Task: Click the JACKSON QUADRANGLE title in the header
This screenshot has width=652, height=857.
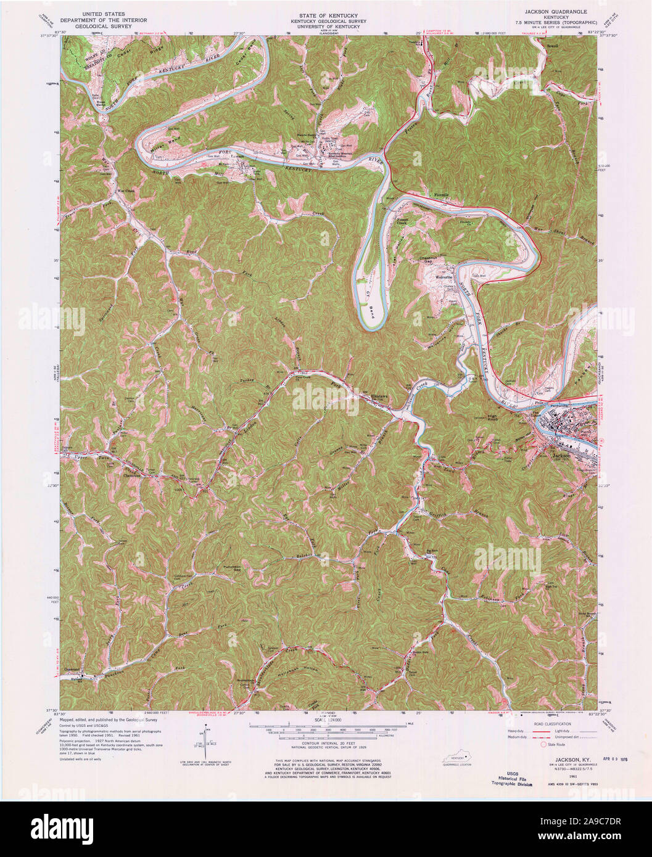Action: point(556,12)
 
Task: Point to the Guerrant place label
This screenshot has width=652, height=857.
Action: point(73,668)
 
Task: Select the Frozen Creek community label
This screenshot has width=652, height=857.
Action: point(406,220)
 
